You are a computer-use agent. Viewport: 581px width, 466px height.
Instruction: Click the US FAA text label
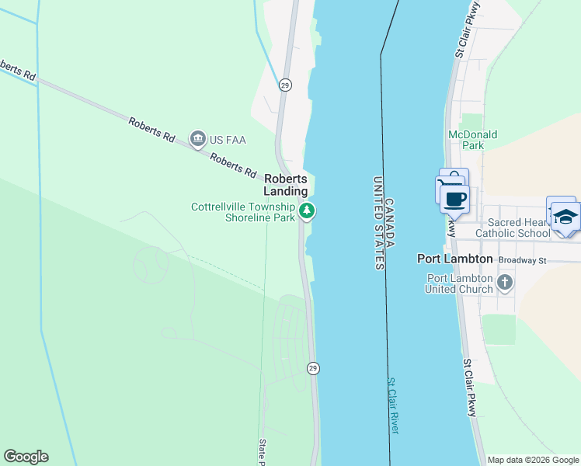coord(227,140)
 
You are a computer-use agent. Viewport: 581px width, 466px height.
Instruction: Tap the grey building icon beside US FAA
coord(197,140)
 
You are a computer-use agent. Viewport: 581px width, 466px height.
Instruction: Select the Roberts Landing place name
coord(286,184)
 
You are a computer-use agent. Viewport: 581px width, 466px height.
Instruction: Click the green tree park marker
coord(308,210)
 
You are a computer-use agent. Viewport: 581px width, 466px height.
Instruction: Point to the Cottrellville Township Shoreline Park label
coord(244,212)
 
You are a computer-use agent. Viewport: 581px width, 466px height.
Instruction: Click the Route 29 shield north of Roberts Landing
coord(285,85)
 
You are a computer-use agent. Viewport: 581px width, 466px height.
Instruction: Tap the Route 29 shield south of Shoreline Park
coord(312,367)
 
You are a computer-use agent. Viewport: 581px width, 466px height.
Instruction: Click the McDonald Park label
coord(472,140)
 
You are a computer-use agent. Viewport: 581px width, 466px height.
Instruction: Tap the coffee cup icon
coord(455,199)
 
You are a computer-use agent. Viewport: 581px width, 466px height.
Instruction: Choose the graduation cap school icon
coord(565,216)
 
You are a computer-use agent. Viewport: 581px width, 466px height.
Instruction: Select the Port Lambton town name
coord(455,259)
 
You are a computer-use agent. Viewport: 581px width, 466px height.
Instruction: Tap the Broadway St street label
coord(523,259)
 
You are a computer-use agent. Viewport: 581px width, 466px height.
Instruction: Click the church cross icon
coord(505,282)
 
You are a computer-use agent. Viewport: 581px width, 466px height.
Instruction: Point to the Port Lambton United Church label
coord(458,283)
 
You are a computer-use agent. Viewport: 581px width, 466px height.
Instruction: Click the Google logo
coord(26,457)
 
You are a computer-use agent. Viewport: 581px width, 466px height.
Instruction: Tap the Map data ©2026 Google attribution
coord(533,460)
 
